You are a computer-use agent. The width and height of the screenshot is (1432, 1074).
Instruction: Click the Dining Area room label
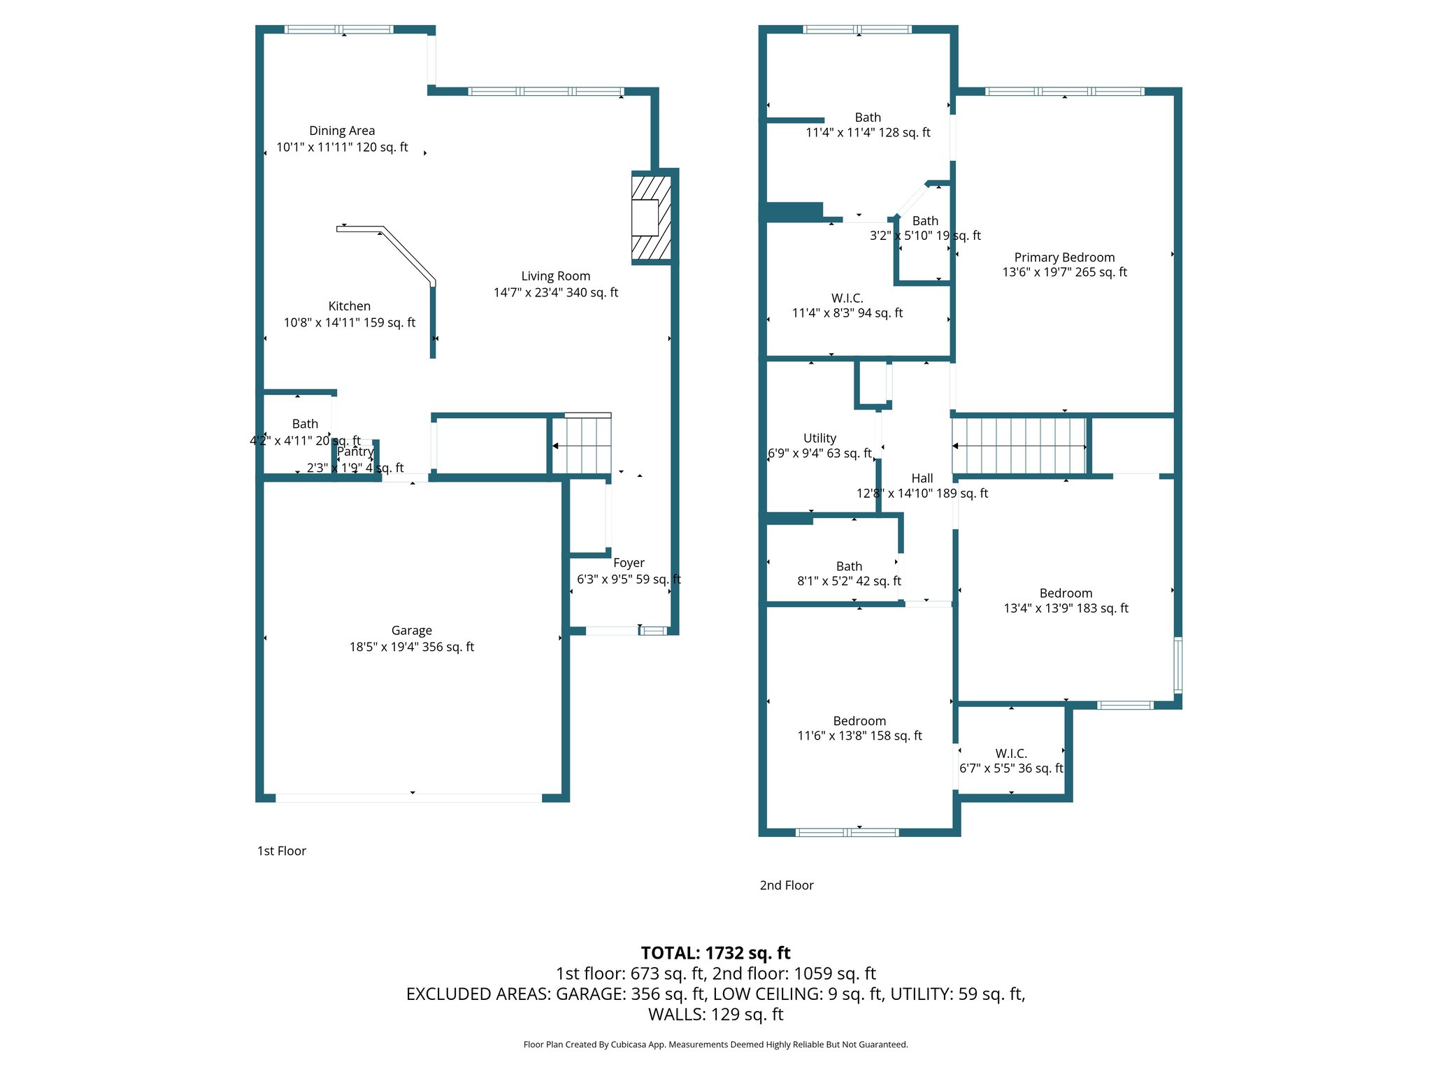(342, 131)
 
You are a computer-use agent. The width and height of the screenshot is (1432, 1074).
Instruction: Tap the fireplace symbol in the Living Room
(651, 217)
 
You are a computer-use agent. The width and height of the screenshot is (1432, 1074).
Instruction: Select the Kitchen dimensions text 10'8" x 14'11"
(349, 322)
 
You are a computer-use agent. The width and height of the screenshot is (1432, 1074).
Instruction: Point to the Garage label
(411, 631)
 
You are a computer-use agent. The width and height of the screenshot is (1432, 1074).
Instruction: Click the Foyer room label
(629, 563)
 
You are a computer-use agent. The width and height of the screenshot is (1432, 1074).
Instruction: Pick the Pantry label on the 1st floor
(355, 452)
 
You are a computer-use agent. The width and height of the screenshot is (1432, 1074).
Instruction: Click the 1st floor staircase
(582, 445)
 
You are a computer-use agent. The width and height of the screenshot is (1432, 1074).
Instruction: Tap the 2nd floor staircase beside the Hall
(1019, 446)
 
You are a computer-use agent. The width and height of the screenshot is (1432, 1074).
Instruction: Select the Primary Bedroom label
(1064, 257)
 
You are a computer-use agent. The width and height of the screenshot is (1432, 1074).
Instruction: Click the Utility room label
(819, 438)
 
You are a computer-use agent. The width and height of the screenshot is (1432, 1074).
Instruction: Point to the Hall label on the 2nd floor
(922, 478)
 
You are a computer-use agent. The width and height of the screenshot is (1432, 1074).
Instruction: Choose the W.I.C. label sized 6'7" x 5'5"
(1011, 754)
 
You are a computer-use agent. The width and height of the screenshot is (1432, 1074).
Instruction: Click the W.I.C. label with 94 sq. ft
(847, 299)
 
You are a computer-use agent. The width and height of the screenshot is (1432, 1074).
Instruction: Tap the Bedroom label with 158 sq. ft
(859, 721)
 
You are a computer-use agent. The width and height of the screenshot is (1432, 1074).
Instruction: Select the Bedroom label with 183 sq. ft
(1066, 594)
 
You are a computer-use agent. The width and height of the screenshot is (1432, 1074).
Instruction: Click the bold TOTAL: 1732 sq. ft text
(715, 953)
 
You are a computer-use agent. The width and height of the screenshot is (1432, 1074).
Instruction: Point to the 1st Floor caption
(282, 851)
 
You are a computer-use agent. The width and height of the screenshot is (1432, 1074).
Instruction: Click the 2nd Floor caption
(787, 885)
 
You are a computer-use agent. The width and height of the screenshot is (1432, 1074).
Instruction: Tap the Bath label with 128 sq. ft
(868, 117)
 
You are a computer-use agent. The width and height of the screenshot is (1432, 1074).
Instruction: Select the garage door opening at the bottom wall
(409, 798)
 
